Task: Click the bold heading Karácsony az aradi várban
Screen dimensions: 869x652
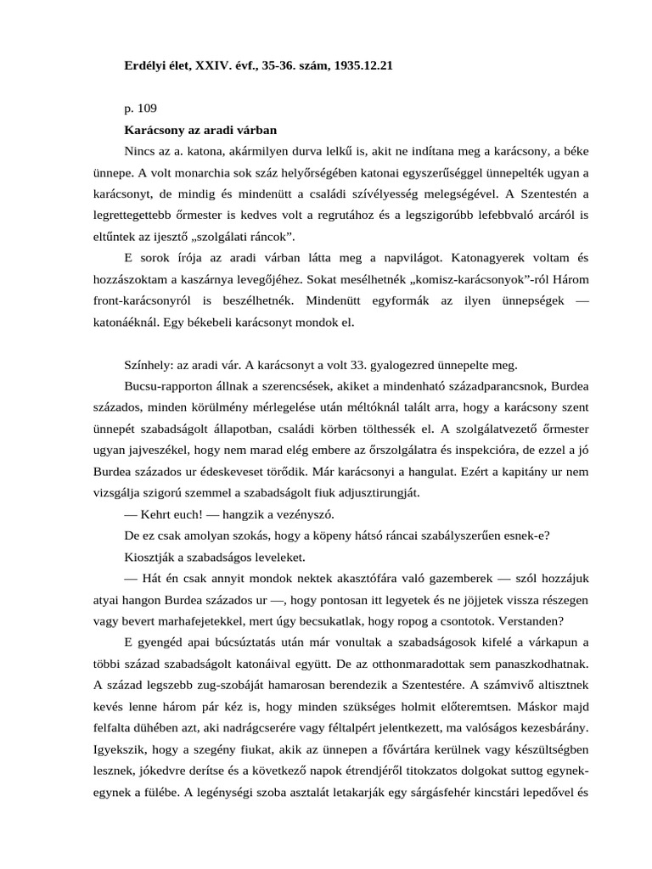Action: coord(200,131)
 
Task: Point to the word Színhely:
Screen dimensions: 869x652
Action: coord(149,366)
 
